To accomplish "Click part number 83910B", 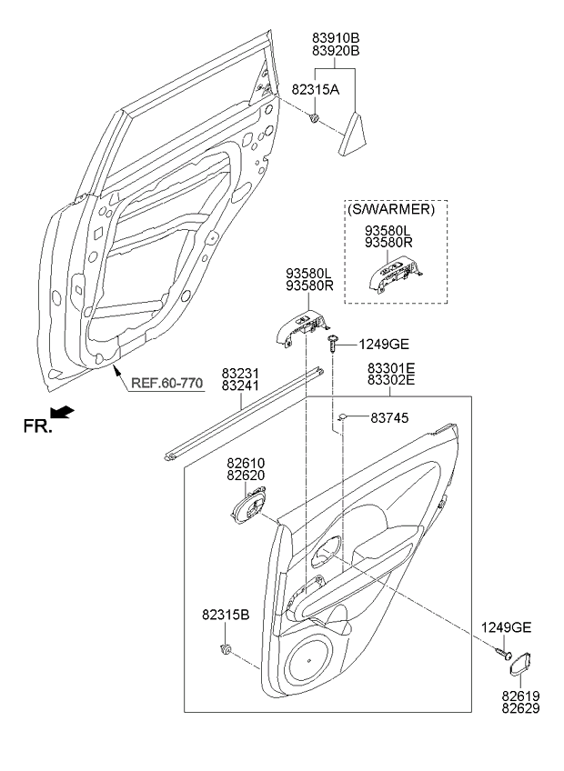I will tap(336, 37).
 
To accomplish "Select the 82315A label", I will tap(315, 89).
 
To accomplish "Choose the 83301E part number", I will tap(391, 369).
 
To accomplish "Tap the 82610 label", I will tap(246, 463).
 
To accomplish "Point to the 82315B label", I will tap(226, 616).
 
